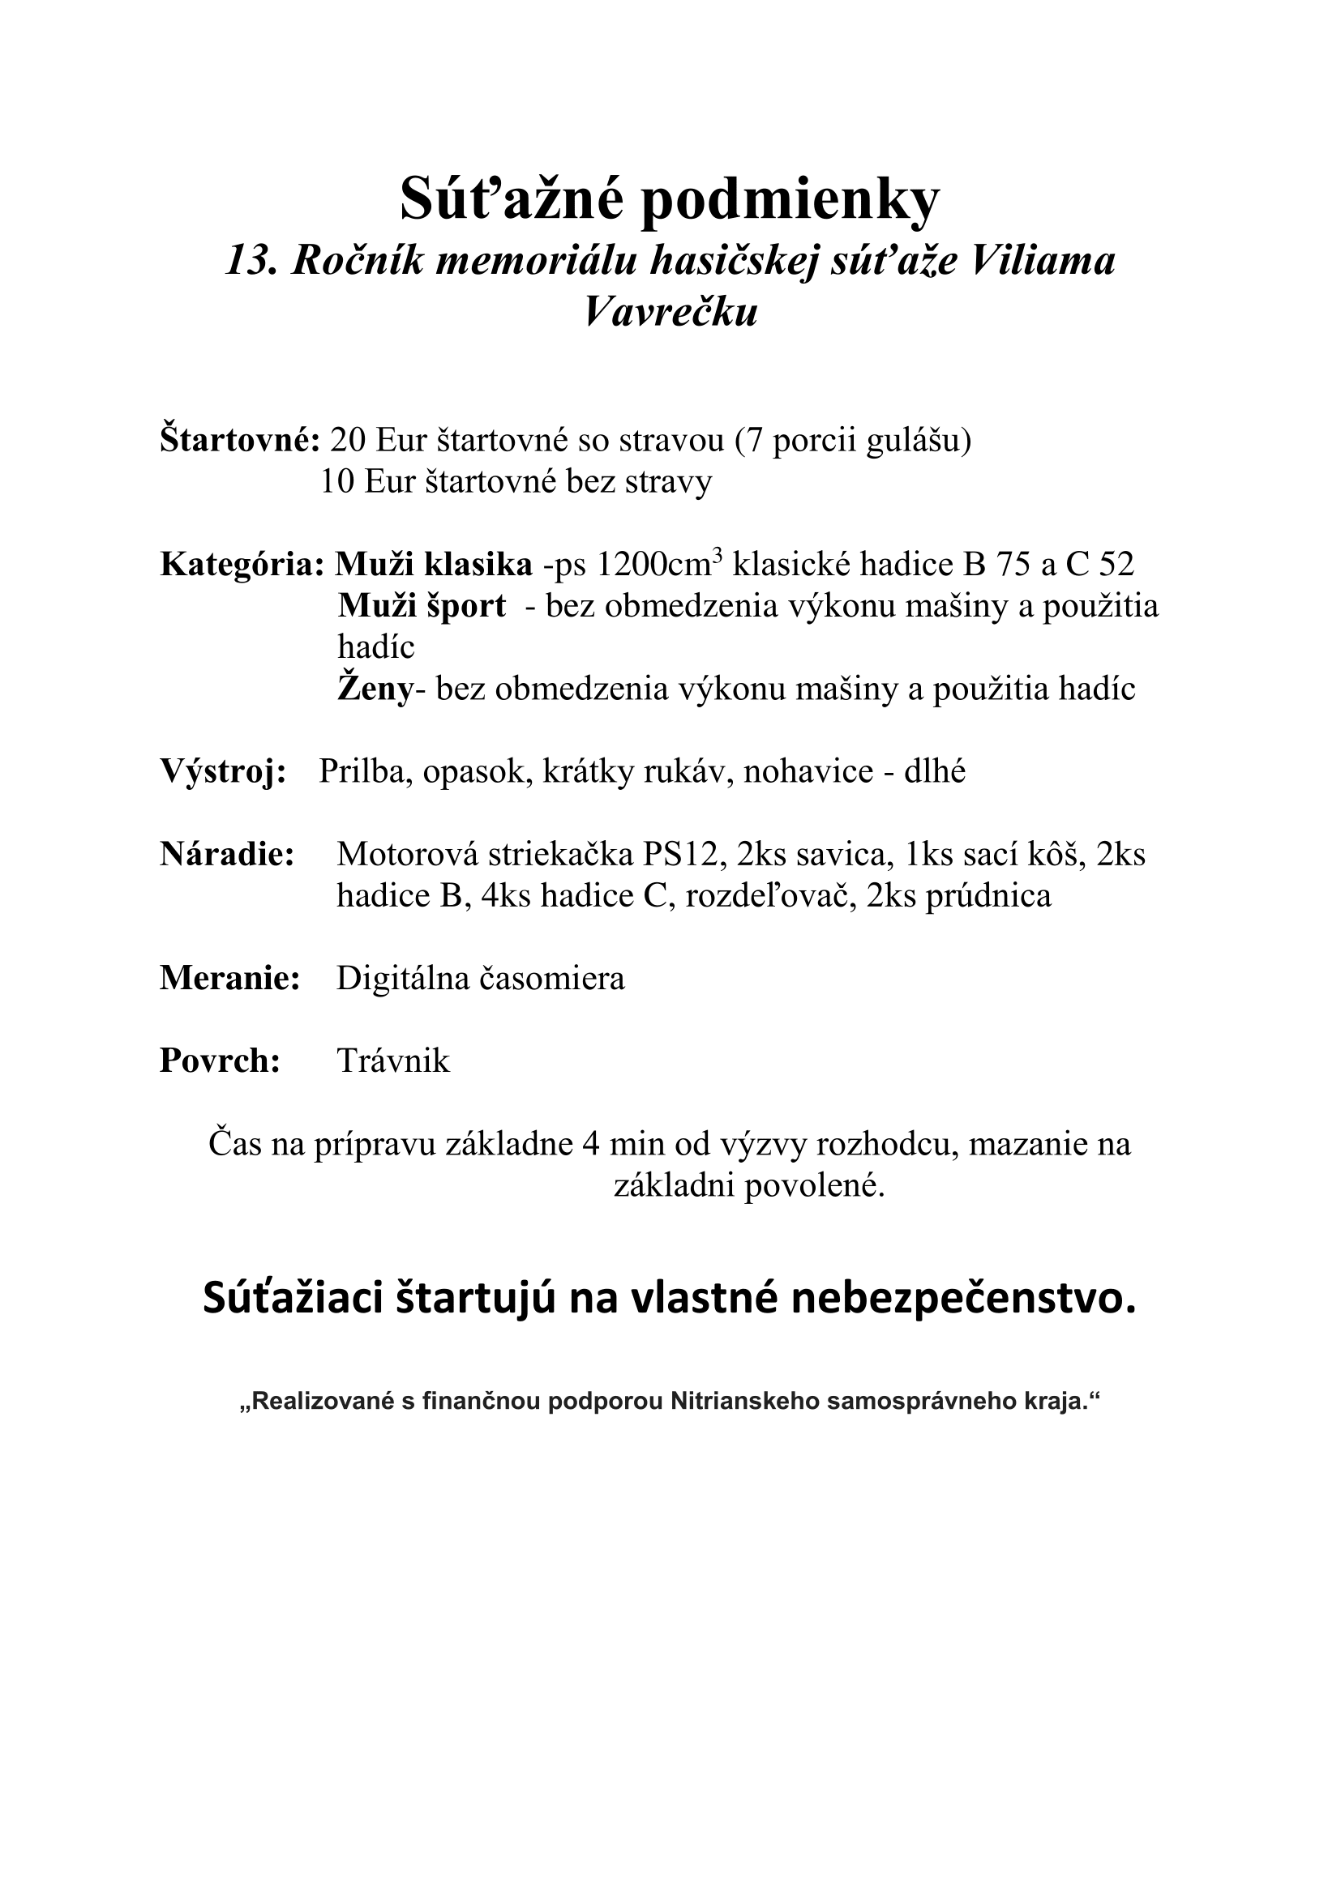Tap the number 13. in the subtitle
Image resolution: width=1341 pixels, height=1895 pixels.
pyautogui.click(x=251, y=263)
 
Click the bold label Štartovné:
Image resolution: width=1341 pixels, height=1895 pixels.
pyautogui.click(x=239, y=441)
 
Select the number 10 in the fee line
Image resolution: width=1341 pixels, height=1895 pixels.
pyautogui.click(x=337, y=482)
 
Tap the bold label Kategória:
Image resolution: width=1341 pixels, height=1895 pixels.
pyautogui.click(x=242, y=566)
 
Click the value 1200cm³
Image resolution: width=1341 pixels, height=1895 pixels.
pyautogui.click(x=660, y=565)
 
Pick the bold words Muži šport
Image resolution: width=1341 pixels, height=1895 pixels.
pyautogui.click(x=421, y=607)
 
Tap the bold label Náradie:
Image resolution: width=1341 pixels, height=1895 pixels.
pyautogui.click(x=227, y=855)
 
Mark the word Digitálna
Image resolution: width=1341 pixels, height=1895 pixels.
pyautogui.click(x=401, y=979)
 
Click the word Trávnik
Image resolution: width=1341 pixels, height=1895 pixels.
pyautogui.click(x=393, y=1061)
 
